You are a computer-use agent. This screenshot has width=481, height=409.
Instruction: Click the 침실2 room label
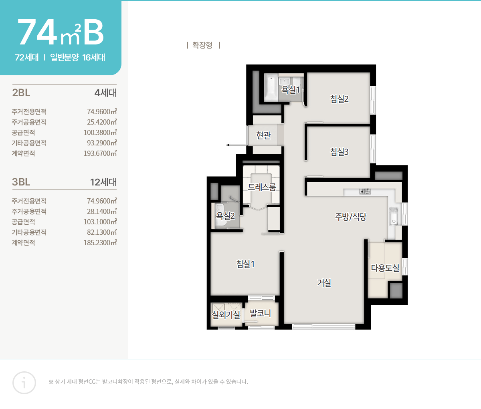339,99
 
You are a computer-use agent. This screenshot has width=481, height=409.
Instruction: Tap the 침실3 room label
339,152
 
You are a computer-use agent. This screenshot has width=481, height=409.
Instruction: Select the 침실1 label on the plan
245,264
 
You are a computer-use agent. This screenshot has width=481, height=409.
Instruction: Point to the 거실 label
324,283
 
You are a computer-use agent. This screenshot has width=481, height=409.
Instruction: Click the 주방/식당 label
351,217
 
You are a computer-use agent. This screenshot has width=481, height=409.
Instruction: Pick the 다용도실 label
385,268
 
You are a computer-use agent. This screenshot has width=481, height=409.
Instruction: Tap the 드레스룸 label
262,187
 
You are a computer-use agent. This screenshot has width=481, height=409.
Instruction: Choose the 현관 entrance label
263,135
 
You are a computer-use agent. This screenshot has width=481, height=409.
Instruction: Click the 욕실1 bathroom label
291,89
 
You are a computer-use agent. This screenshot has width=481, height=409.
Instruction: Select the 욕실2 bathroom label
225,216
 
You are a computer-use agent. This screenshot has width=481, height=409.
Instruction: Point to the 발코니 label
261,313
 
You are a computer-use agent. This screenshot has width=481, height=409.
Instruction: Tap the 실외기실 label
226,315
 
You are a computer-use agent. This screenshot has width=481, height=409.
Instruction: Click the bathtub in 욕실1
271,88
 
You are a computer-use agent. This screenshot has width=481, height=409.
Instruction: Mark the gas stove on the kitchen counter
365,191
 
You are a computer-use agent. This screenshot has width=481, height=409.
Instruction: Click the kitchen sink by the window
394,217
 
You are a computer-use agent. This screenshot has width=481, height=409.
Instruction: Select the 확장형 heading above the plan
202,45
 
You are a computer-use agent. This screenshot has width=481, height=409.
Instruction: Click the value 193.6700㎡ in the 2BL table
100,153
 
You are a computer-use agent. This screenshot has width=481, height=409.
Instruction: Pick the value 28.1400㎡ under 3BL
102,212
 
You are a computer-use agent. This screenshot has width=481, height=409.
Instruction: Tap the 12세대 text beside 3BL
103,182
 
